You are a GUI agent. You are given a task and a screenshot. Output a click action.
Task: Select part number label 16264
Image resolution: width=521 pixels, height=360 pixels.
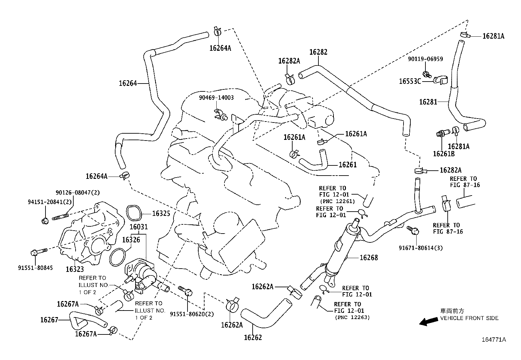(x=128, y=83)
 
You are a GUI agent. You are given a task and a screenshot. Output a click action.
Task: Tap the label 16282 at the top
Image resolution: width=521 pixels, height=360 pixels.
(x=318, y=52)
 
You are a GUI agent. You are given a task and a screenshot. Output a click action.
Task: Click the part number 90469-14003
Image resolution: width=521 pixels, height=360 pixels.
(x=217, y=98)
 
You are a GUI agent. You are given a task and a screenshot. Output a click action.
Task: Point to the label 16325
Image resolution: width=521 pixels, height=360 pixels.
(x=161, y=214)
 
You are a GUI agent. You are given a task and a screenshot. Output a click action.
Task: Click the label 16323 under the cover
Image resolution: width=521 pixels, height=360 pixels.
(x=75, y=269)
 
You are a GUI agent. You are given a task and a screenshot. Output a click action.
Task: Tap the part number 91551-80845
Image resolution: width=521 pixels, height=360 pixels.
(x=35, y=267)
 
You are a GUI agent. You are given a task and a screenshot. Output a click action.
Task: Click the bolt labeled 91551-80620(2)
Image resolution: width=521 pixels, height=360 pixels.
(x=185, y=290)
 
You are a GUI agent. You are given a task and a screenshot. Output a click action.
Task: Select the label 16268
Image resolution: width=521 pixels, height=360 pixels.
(x=368, y=257)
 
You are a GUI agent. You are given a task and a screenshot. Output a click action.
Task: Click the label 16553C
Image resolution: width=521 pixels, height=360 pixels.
(x=410, y=81)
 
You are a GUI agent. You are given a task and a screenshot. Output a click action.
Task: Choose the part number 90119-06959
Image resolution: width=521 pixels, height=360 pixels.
(x=425, y=59)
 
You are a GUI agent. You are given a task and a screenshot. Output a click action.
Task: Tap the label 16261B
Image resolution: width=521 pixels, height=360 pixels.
(x=443, y=154)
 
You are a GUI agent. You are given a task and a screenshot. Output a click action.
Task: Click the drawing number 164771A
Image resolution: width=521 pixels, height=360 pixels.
(x=494, y=339)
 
